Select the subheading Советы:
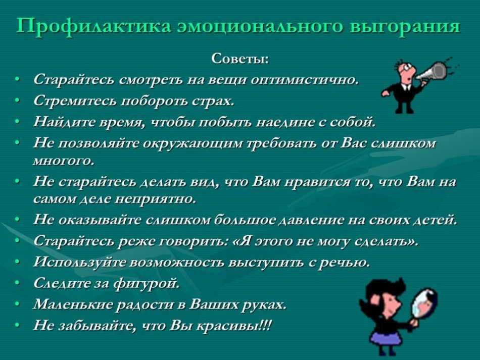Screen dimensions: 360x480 [240, 59]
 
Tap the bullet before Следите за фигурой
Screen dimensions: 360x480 [17, 284]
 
